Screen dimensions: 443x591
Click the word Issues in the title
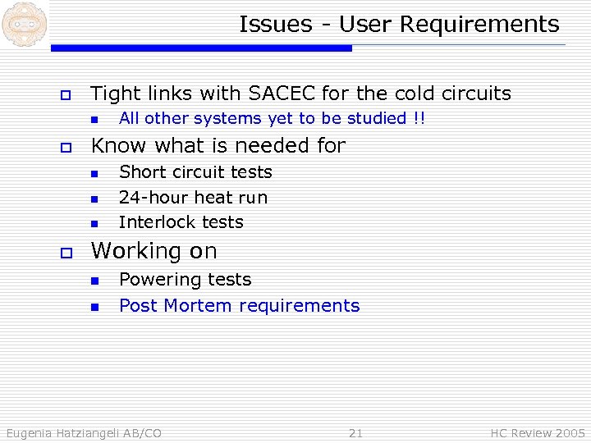click(x=273, y=25)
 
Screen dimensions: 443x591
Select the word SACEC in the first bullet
click(x=286, y=94)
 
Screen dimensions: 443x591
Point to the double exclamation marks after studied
click(x=419, y=119)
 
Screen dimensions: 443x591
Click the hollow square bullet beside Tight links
click(x=65, y=95)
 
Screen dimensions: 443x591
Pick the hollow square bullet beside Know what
click(x=65, y=148)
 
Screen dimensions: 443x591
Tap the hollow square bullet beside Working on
click(x=65, y=252)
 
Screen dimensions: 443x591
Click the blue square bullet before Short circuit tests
click(x=94, y=174)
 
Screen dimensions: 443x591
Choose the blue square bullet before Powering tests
click(x=94, y=281)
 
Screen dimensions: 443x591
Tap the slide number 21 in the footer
click(x=355, y=432)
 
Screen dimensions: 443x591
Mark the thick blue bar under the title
click(x=201, y=48)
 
